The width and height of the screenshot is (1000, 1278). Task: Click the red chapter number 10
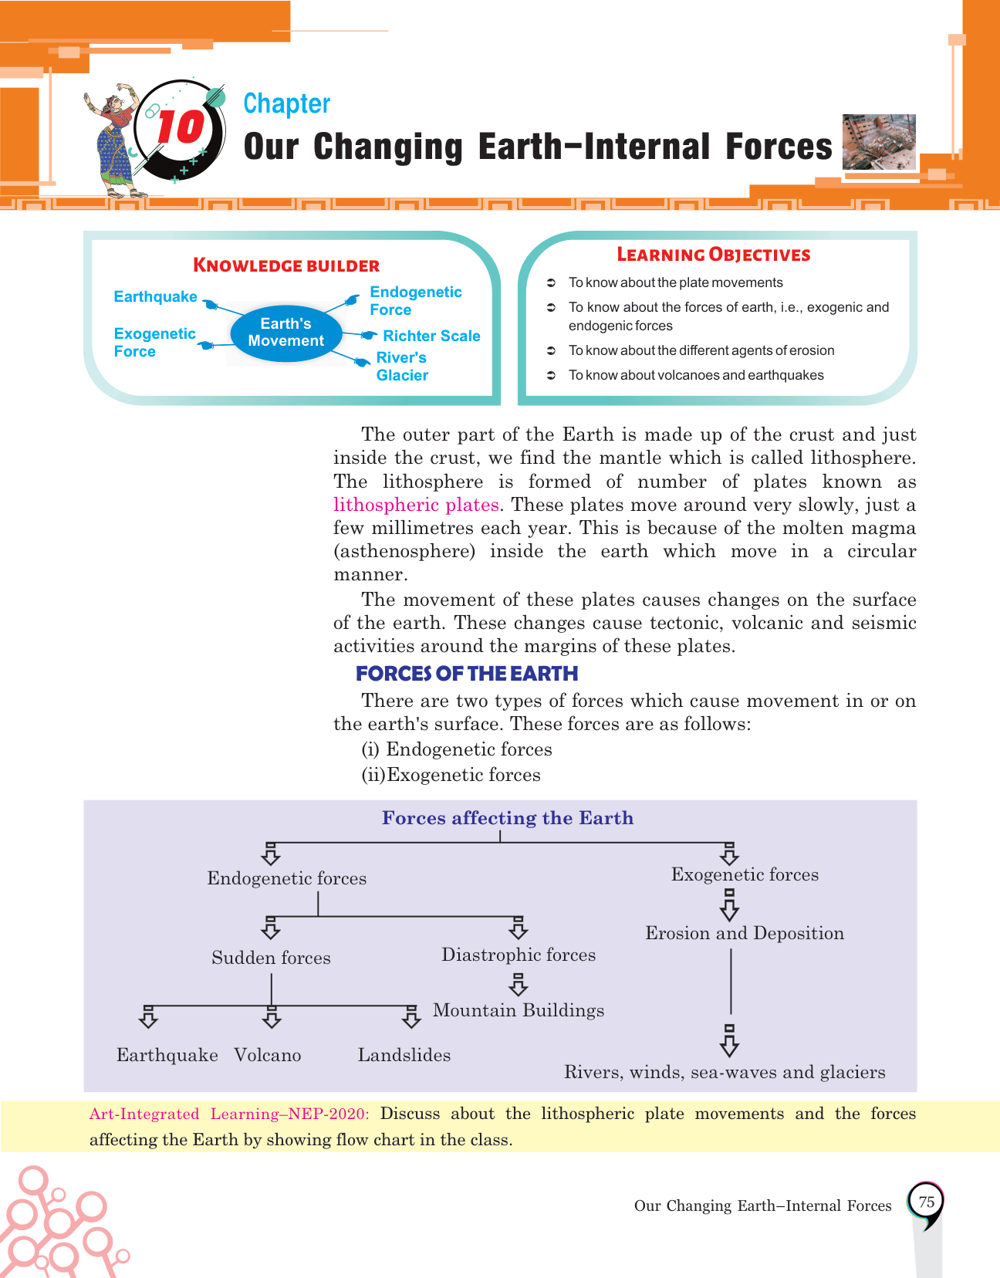pos(180,127)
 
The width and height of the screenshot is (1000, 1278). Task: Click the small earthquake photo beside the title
pos(879,141)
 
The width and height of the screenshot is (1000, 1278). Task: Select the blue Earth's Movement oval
pos(285,333)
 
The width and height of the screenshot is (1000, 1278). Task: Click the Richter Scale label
pos(431,336)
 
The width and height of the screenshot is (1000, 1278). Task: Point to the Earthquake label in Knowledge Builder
pos(155,297)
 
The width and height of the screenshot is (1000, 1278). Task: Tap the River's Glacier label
pos(402,367)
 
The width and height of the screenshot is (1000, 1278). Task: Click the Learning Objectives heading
pos(713,255)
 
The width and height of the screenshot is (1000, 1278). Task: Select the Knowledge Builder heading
pos(286,265)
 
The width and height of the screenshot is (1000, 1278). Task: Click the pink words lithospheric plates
pos(416,505)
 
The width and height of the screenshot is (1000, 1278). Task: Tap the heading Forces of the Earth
pos(467,674)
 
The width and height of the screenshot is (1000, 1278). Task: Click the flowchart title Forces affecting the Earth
pos(508,818)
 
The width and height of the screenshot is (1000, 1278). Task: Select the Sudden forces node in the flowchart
pos(271,958)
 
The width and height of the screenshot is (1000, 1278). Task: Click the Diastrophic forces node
pos(519,955)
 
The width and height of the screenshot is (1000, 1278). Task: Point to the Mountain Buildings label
pos(519,1010)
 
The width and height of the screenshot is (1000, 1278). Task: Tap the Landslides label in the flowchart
pos(404,1055)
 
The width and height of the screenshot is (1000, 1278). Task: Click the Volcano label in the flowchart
pos(268,1055)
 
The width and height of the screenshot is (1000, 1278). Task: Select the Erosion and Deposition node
pos(745,933)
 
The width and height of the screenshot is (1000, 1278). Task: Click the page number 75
pos(926,1202)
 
